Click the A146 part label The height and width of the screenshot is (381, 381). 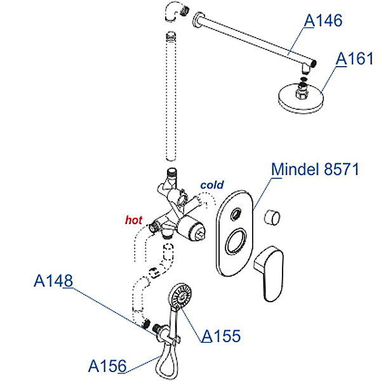coord(323,20)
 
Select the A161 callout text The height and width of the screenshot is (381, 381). coord(354,58)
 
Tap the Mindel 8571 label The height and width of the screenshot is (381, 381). coord(315,169)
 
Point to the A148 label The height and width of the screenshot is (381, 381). coord(53,281)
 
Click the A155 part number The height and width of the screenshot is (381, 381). coord(221,336)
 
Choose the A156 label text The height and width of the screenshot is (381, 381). coord(107,366)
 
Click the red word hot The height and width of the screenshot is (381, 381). coord(133,220)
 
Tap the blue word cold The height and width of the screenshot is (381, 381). coord(212,185)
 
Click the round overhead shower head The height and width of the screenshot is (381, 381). coord(301,98)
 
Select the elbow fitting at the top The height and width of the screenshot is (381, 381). coord(175,11)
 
